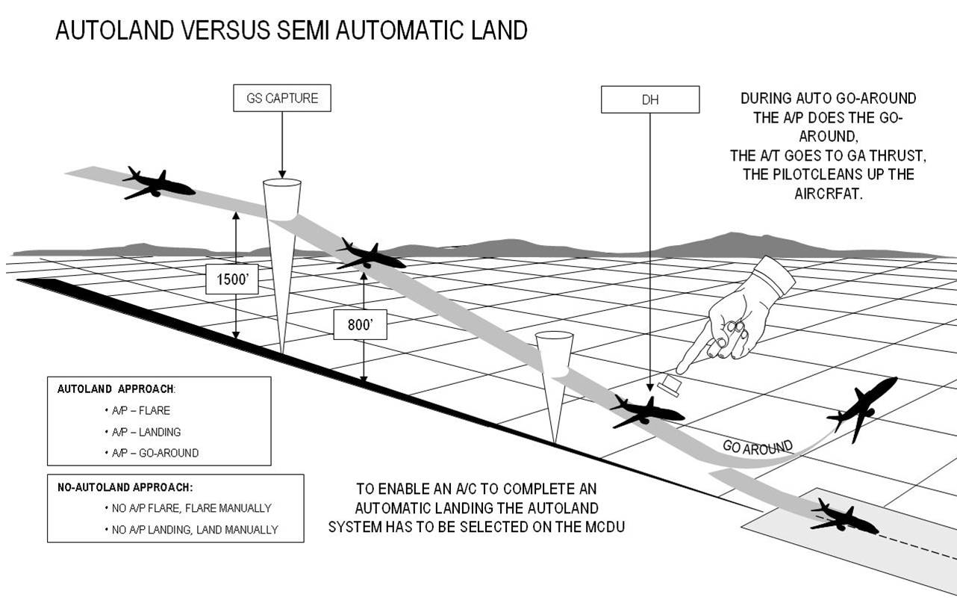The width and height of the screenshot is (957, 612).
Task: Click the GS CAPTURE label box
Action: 281,99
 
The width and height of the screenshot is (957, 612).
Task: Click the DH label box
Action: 649,99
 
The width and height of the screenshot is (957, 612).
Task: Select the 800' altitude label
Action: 360,324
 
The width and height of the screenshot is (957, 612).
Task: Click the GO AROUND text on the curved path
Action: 757,448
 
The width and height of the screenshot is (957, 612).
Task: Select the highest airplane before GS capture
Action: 158,183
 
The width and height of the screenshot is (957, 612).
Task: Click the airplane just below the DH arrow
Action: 646,410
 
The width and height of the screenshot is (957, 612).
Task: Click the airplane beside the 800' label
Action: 370,255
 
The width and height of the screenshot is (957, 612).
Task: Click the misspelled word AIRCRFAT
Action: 828,193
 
